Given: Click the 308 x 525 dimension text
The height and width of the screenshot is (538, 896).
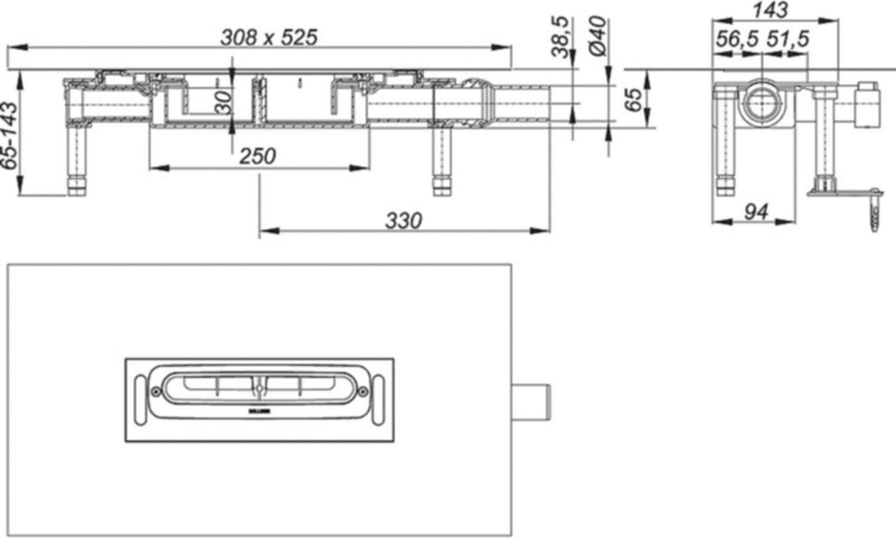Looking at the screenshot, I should click(268, 38).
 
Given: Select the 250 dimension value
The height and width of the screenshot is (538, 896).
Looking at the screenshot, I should click(257, 156).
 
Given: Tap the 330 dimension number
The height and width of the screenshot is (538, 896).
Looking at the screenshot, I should click(403, 221).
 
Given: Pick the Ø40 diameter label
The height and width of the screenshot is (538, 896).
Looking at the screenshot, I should click(596, 37).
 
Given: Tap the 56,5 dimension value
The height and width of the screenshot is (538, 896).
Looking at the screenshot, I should click(736, 39).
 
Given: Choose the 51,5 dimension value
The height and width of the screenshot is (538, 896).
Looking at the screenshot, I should click(787, 39).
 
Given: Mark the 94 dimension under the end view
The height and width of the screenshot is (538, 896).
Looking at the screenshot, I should click(757, 211).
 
